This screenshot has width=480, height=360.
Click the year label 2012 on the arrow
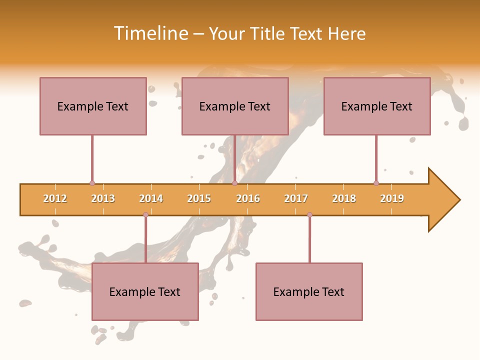[55, 198]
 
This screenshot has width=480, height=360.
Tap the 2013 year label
[103, 198]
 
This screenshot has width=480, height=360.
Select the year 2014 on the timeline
[151, 198]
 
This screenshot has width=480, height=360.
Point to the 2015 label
[199, 198]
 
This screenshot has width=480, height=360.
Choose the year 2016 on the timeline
[248, 198]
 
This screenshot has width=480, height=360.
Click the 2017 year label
[296, 198]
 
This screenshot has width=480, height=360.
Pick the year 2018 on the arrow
[344, 198]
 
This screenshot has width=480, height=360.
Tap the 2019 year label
[392, 198]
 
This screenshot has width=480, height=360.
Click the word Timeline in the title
[150, 33]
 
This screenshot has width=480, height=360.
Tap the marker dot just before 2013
[92, 183]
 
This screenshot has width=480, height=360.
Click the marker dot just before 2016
[234, 183]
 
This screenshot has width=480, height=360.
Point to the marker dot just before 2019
[376, 183]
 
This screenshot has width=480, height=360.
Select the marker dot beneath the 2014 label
[145, 214]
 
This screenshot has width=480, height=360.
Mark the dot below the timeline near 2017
[309, 214]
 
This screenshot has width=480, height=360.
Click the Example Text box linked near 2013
[93, 106]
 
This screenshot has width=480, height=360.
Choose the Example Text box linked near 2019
[377, 106]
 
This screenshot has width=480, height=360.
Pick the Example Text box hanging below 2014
[145, 291]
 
